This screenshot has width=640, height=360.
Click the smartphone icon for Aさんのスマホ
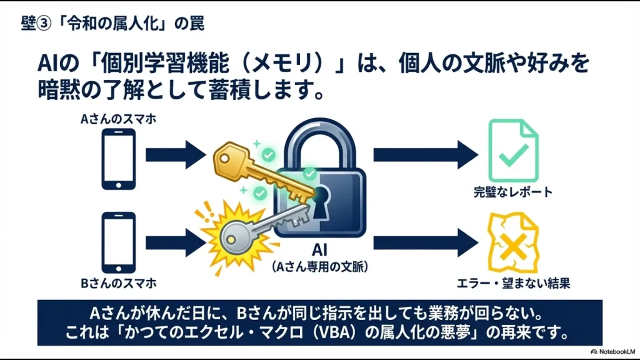point(118,159)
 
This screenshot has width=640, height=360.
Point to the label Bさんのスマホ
point(118,283)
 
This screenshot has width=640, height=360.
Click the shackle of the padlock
point(320,141)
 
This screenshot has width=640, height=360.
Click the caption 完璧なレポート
point(512,191)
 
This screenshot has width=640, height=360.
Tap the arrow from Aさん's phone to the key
point(174,154)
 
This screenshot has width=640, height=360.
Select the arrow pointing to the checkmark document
point(424,154)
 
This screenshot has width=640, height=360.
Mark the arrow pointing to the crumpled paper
point(424,242)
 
